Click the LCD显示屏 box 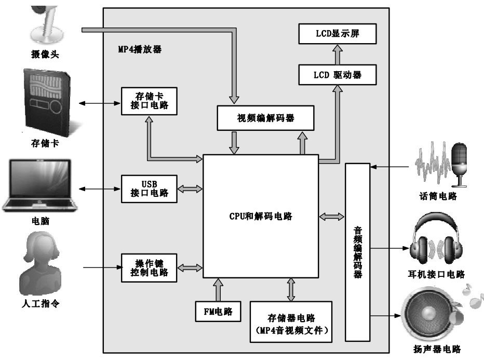pos(338,35)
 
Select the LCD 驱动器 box pos(338,75)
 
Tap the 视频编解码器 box pos(265,117)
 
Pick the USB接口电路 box pos(149,189)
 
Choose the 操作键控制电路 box pos(149,268)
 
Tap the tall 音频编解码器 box pos(358,252)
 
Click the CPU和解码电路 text pos(261,217)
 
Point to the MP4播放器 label pos(140,50)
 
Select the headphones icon pos(435,243)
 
